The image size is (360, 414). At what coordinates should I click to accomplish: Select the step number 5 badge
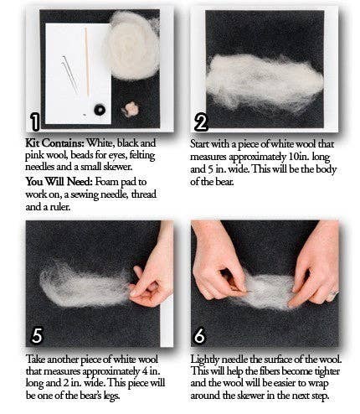(36, 336)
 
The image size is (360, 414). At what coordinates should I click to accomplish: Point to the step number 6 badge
(202, 336)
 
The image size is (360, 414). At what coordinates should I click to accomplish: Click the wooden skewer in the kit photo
(86, 49)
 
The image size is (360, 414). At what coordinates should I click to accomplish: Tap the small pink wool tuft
(131, 109)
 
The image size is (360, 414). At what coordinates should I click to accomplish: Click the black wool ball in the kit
(100, 110)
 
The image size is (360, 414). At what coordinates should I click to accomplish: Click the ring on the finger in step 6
(333, 294)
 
